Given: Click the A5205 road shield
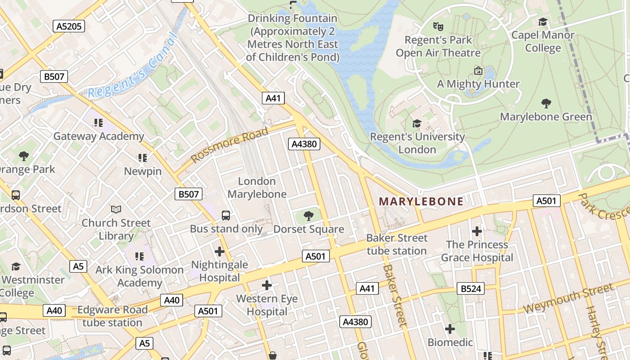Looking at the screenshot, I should (69, 26).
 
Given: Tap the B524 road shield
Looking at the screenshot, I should (471, 288).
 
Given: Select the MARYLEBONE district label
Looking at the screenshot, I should (421, 201).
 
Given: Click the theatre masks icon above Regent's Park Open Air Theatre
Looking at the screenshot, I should (438, 27).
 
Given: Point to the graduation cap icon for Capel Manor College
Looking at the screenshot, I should (543, 22).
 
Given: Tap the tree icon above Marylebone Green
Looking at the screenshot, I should (546, 103).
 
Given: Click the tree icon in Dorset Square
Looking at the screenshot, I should (309, 216).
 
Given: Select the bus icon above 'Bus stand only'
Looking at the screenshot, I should (226, 216).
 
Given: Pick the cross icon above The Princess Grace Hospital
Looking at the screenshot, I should (477, 232).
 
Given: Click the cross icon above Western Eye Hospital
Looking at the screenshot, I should (267, 285).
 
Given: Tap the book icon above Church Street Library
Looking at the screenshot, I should (116, 210).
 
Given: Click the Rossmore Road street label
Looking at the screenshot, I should (229, 144).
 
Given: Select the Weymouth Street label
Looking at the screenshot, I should (568, 298).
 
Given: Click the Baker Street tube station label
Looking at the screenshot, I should (396, 244).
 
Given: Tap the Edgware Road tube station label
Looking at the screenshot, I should (112, 316).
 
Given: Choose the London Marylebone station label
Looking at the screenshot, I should (256, 188).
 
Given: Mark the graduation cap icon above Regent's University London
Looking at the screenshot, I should (417, 123).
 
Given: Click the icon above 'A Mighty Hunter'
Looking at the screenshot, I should (478, 71).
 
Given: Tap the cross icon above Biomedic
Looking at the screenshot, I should (450, 329).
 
